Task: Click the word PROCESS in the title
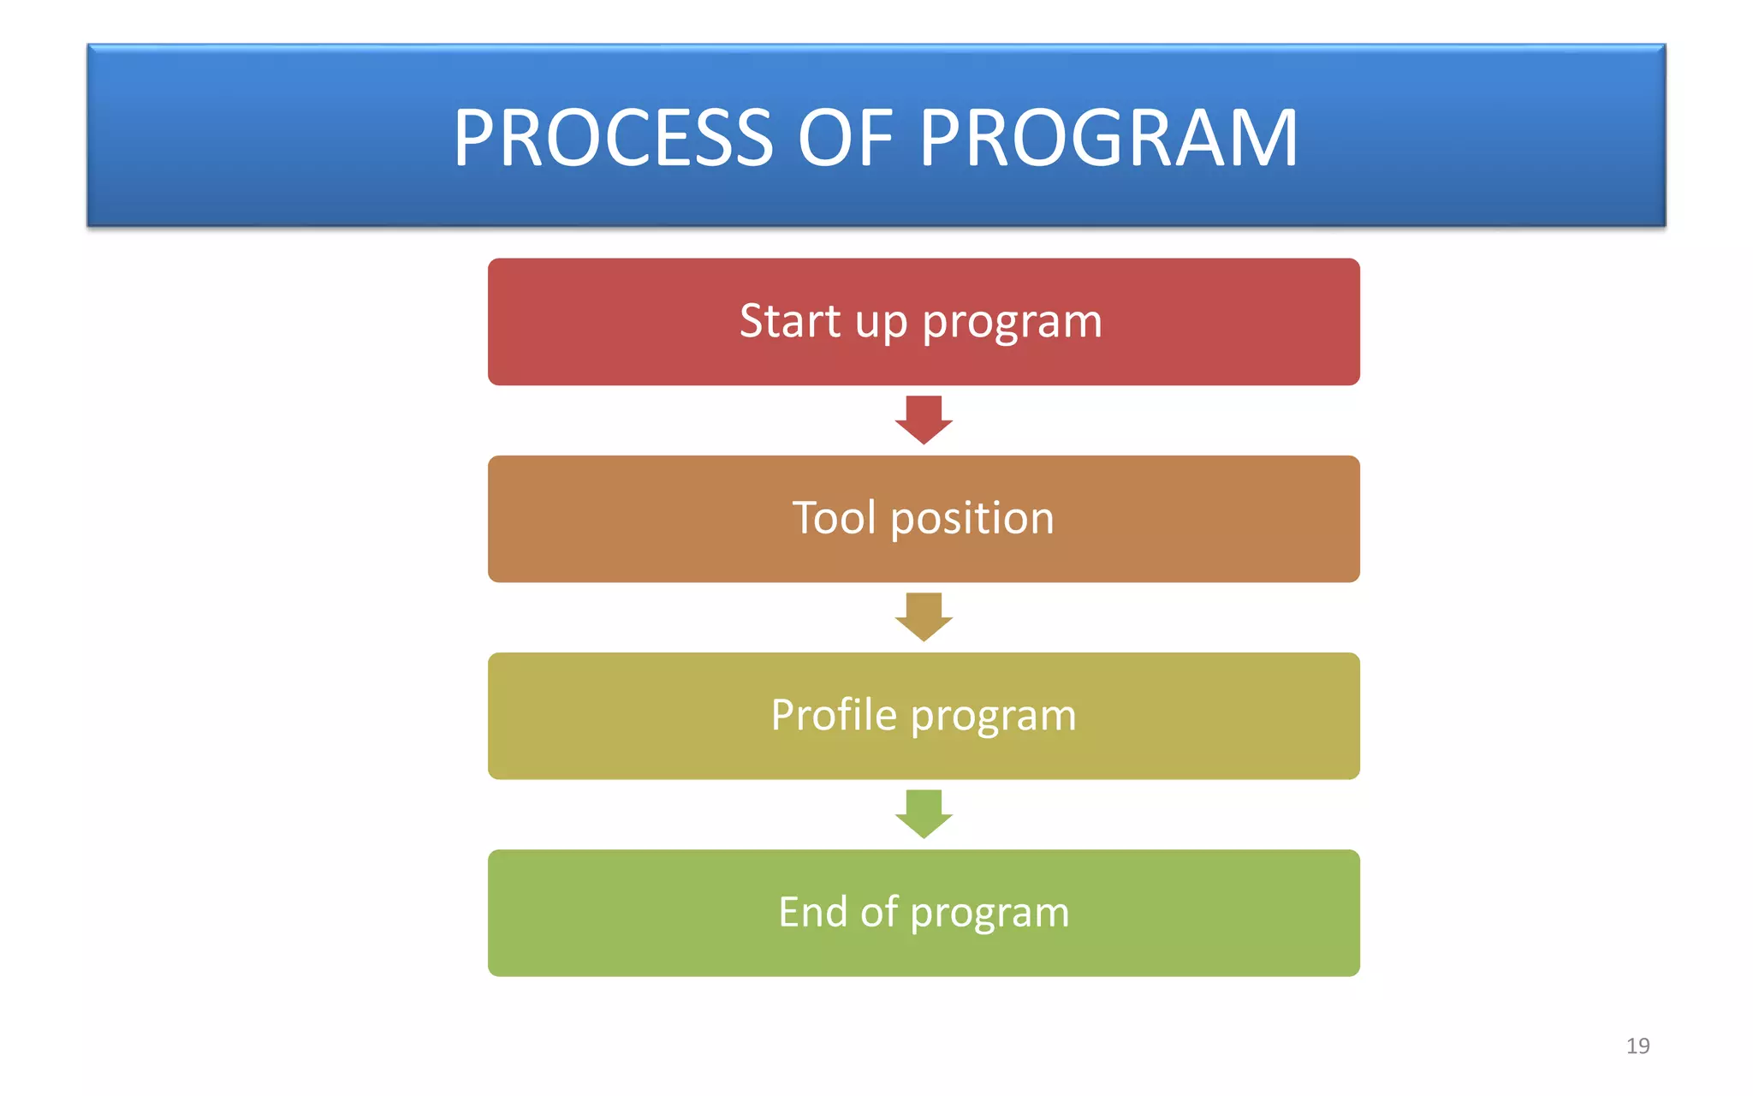click(x=613, y=139)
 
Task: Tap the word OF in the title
click(x=846, y=139)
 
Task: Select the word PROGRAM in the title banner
click(x=1108, y=139)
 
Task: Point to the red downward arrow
click(x=924, y=420)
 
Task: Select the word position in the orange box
click(x=972, y=521)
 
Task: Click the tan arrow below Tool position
click(x=924, y=616)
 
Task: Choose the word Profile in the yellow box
click(x=834, y=715)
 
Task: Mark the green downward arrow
click(x=924, y=813)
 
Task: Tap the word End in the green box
click(x=812, y=912)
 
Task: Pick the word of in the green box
click(x=879, y=912)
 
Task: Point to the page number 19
click(x=1637, y=1045)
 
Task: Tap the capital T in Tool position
click(x=805, y=519)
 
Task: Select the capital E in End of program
click(x=789, y=912)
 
